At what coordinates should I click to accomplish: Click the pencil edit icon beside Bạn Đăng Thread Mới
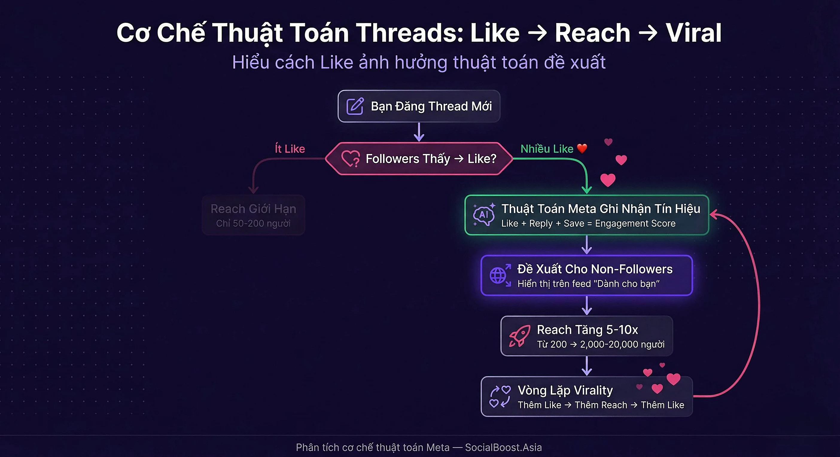pyautogui.click(x=355, y=106)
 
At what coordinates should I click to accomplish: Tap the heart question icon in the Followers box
pyautogui.click(x=351, y=159)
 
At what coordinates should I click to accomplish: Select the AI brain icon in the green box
pyautogui.click(x=484, y=215)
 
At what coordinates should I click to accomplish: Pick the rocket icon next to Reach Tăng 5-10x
pyautogui.click(x=519, y=336)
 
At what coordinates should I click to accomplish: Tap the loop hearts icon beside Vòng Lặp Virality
pyautogui.click(x=500, y=396)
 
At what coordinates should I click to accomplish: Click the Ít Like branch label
pyautogui.click(x=290, y=149)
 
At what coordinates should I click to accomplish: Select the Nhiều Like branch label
pyautogui.click(x=547, y=149)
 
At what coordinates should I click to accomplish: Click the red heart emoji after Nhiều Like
pyautogui.click(x=582, y=149)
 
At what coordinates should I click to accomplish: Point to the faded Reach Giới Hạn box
pyautogui.click(x=253, y=215)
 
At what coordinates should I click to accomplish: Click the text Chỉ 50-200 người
pyautogui.click(x=253, y=223)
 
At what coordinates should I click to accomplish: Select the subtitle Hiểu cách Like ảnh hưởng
pyautogui.click(x=419, y=62)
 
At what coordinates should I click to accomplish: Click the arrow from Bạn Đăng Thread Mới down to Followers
pyautogui.click(x=419, y=132)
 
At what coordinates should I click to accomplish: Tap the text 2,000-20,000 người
pyautogui.click(x=622, y=344)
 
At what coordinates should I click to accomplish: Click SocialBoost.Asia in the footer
pyautogui.click(x=503, y=447)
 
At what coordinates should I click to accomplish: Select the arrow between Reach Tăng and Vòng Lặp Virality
pyautogui.click(x=587, y=366)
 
